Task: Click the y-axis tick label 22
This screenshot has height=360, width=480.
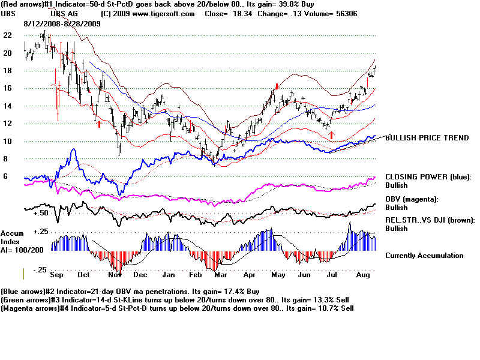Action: (x=7, y=35)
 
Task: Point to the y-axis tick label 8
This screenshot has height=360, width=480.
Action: (x=6, y=159)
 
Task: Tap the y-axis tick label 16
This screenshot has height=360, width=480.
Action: (x=7, y=88)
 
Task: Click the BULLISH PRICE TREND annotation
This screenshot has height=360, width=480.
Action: (x=427, y=138)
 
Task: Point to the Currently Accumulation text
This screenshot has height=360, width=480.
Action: (x=424, y=256)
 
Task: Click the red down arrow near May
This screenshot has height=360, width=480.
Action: (x=276, y=87)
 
